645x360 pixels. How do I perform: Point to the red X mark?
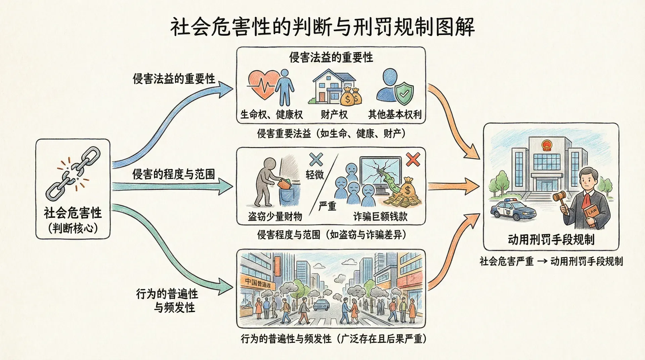click(x=413, y=160)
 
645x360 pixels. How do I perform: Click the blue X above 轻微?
click(x=316, y=160)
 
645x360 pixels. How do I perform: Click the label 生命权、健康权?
click(x=271, y=115)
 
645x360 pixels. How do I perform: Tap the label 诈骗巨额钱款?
click(x=380, y=217)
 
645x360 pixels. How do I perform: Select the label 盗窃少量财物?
click(x=275, y=217)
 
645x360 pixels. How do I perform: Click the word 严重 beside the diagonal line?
click(x=327, y=206)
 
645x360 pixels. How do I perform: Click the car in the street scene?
click(x=321, y=305)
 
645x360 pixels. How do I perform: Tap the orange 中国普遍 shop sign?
click(x=258, y=283)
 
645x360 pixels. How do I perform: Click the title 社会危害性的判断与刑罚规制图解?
click(x=322, y=27)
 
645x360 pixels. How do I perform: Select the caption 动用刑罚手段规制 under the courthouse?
click(x=551, y=240)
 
